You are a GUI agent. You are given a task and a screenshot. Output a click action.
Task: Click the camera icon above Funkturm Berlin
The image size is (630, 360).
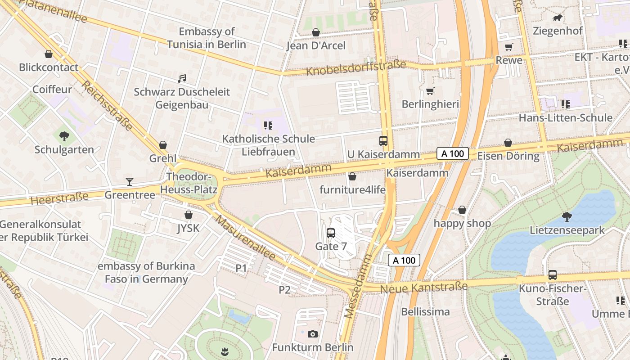coord(313,334)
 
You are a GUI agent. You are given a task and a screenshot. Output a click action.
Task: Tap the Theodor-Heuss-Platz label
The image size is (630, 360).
coord(192,183)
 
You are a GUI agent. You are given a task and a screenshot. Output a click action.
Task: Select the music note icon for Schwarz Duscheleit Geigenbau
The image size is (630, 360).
coord(182,79)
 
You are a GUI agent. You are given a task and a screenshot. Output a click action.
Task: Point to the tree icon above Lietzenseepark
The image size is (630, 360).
coord(567,217)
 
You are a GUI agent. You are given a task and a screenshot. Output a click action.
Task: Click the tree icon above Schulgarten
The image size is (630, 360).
coord(64,136)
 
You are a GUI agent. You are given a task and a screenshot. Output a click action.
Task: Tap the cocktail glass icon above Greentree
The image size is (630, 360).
coord(130,182)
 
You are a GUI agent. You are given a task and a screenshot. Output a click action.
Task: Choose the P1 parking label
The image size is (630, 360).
coord(241,268)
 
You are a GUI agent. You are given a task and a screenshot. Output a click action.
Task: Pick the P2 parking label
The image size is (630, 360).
coord(284,290)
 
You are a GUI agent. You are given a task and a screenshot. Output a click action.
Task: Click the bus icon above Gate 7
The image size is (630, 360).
coord(331,233)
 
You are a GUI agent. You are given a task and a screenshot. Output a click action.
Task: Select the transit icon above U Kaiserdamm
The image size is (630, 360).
coord(383,141)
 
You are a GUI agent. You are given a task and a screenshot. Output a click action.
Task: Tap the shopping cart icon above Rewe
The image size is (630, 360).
coord(509,47)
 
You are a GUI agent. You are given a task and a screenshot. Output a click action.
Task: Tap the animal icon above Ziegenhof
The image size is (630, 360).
coord(558,18)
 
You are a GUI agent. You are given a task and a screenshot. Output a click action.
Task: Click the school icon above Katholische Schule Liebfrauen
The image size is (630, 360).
coord(268,125)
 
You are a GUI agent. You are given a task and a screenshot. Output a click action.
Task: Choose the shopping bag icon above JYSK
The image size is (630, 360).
coord(188,215)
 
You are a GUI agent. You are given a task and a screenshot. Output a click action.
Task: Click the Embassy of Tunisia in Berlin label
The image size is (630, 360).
coord(207,38)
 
